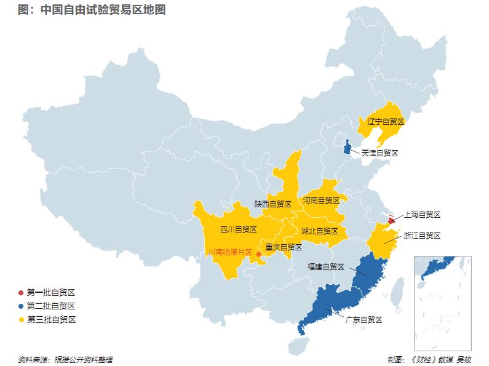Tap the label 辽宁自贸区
point(386,121)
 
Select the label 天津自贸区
point(380,153)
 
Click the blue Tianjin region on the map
point(347,148)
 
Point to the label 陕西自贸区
point(272,204)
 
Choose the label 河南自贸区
point(321,200)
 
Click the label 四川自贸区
point(238,229)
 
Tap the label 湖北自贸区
point(319,231)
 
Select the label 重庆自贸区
point(284,247)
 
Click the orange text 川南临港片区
point(229,252)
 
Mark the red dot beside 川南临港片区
point(258,253)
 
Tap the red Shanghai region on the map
point(392,220)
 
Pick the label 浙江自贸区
point(422,236)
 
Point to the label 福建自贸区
point(326,267)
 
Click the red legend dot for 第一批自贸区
point(22,292)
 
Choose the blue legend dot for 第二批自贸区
point(22,306)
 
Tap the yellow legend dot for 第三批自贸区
point(22,319)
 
